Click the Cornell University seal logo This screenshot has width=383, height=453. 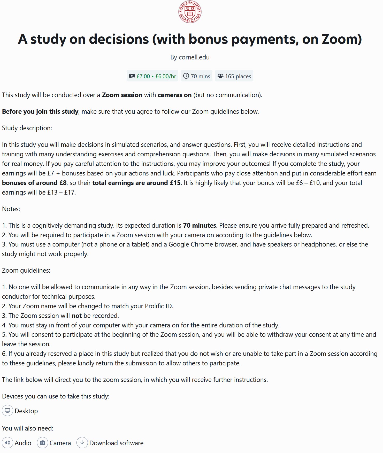click(190, 12)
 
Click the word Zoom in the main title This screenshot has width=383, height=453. click(341, 39)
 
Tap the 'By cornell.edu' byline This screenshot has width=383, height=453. click(190, 57)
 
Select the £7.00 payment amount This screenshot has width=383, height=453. click(143, 76)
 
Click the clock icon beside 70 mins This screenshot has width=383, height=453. click(186, 76)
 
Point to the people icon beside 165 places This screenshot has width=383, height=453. click(220, 76)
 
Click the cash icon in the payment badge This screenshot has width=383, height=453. click(132, 76)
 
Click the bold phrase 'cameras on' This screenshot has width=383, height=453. click(174, 95)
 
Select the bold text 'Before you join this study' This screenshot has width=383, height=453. click(40, 112)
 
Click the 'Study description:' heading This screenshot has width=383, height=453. click(27, 128)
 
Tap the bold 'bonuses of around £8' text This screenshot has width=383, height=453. click(34, 183)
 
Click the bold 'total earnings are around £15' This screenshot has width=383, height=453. click(136, 183)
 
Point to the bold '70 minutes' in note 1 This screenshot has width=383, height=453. click(200, 226)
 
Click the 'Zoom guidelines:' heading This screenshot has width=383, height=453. click(26, 271)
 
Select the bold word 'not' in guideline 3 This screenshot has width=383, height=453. click(77, 316)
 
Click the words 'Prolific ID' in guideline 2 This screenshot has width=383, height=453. click(158, 306)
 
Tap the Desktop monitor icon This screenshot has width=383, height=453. click(7, 411)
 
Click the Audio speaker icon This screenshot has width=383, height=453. click(7, 443)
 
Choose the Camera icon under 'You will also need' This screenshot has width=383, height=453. click(43, 443)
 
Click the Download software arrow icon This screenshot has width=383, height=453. click(82, 443)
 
